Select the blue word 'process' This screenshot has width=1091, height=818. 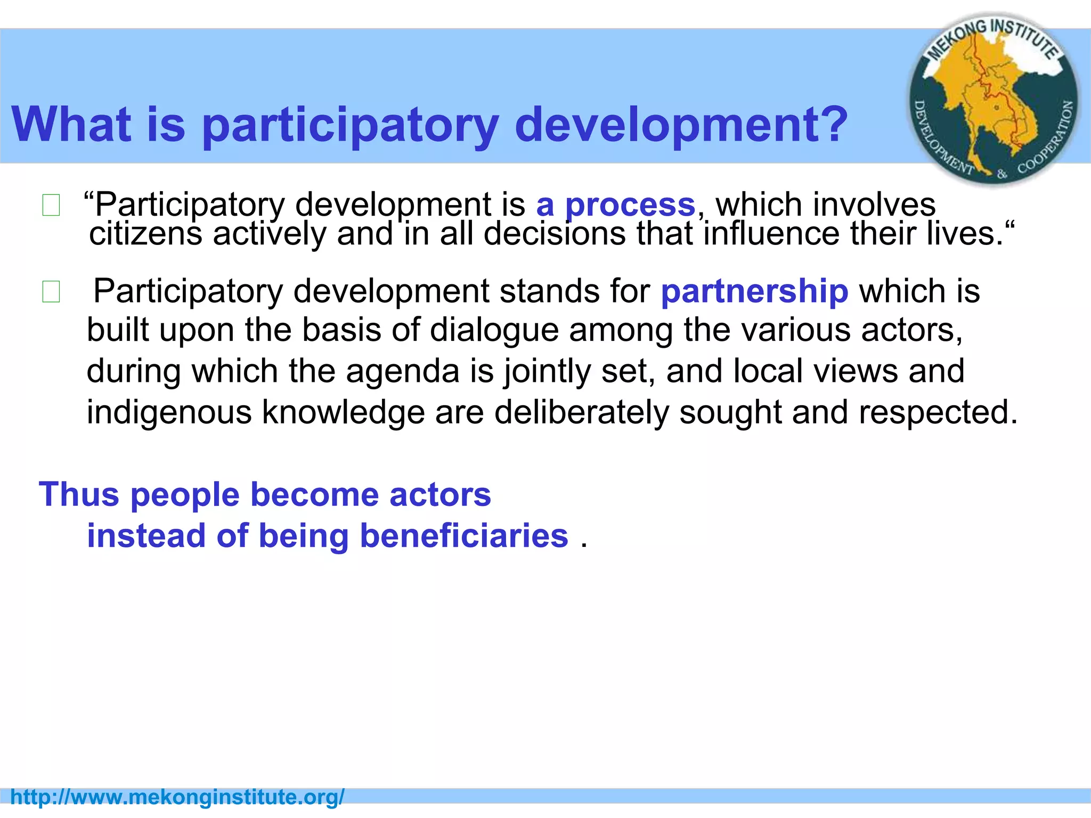(630, 205)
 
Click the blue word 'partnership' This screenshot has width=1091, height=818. (754, 291)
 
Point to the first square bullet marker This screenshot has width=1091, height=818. (51, 206)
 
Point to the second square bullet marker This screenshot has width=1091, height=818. (51, 292)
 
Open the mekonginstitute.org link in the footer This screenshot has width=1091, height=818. (177, 797)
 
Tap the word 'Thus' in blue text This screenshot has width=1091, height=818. (79, 494)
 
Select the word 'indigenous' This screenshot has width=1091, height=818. (169, 412)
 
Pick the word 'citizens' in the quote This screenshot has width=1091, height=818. (145, 234)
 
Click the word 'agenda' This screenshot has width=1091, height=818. (402, 371)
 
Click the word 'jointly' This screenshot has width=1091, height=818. (548, 372)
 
